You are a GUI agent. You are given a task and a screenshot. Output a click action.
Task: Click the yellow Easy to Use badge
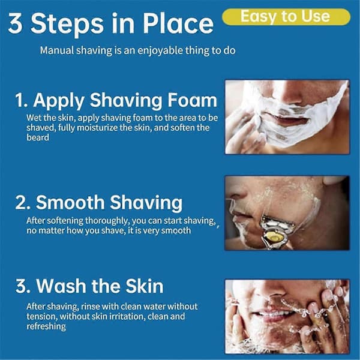click(x=286, y=17)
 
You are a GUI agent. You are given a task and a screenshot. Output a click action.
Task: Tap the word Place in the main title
click(x=178, y=23)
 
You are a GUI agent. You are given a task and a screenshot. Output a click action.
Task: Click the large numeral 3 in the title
click(x=16, y=23)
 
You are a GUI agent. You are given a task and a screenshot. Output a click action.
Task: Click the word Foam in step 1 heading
click(x=192, y=100)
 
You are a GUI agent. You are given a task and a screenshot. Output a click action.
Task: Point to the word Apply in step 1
click(x=59, y=101)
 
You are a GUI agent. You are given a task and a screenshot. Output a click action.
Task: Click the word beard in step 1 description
click(x=38, y=137)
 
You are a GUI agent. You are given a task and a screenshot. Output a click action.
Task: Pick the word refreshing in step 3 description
click(x=46, y=326)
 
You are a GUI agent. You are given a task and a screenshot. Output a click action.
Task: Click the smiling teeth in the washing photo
click(x=272, y=313)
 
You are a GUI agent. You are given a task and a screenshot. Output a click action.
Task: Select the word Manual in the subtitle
click(x=57, y=50)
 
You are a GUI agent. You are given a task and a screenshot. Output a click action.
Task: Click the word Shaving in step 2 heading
click(x=146, y=203)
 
